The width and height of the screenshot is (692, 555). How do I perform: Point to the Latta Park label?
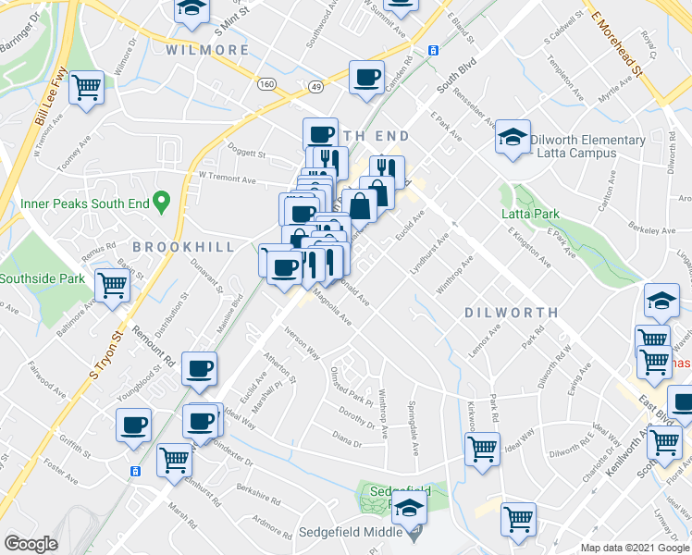tap(530, 214)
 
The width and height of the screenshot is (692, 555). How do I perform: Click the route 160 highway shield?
tap(267, 84)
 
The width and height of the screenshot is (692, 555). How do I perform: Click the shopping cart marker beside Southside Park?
tap(112, 284)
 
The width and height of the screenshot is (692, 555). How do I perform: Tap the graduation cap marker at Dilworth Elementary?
tap(512, 138)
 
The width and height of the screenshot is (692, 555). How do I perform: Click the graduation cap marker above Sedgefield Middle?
tap(408, 507)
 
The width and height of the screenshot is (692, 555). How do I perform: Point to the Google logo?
tap(31, 544)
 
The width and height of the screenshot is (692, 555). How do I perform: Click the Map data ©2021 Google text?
tap(635, 548)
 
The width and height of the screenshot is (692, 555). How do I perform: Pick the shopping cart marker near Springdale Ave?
tap(482, 450)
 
